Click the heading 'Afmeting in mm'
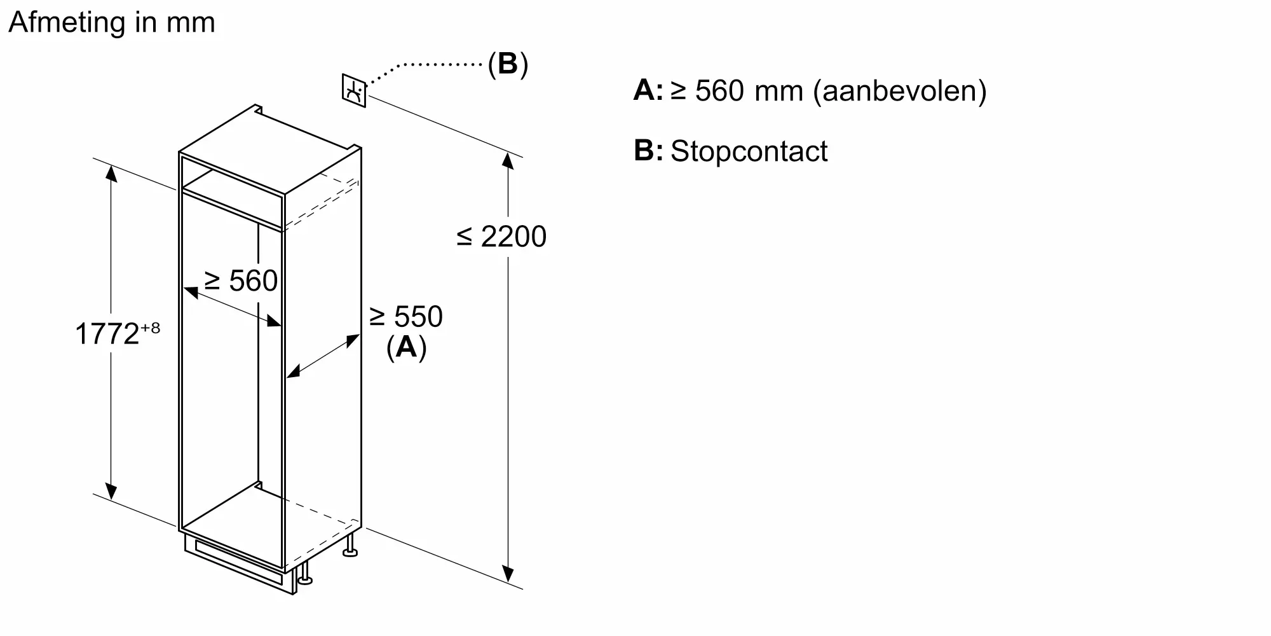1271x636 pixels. click(112, 23)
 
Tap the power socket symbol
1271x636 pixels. click(354, 91)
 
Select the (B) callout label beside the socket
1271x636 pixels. click(508, 64)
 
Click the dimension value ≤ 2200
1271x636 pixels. click(501, 237)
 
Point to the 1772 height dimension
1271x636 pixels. click(107, 334)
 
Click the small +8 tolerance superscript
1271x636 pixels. click(151, 328)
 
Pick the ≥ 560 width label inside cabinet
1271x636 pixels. click(241, 281)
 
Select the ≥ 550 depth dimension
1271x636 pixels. click(406, 317)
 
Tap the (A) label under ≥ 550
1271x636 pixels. click(406, 347)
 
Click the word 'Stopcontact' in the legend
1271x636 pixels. click(749, 151)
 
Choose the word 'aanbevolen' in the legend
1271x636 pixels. click(900, 91)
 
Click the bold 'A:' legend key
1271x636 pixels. click(648, 90)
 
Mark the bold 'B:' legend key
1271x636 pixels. click(648, 151)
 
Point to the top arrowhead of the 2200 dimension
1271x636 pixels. click(508, 160)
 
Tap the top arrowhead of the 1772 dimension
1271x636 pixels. click(111, 173)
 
